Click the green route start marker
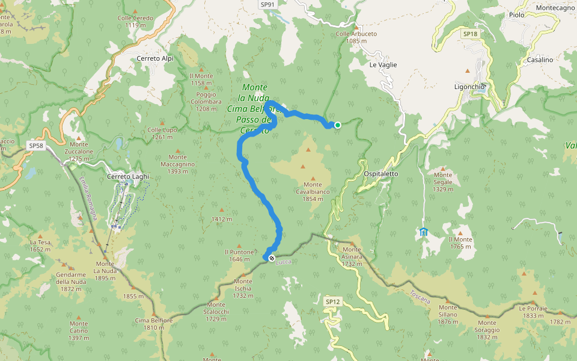pos(338,125)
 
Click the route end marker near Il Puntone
pos(272,258)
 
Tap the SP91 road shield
pos(268,4)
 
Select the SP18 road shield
pos(470,34)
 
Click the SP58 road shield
pos(37,146)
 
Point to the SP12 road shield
pos(332,301)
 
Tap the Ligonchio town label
pos(469,87)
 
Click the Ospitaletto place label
pos(381,173)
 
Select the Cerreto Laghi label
pos(127,176)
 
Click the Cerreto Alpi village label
pos(155,58)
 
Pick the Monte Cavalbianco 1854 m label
pos(313,191)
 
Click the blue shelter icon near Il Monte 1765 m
pos(424,232)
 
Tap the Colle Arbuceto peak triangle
pos(356,27)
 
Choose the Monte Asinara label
pos(352,253)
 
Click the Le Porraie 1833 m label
pos(533,312)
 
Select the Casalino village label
pos(540,60)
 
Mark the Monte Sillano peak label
pos(448,310)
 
